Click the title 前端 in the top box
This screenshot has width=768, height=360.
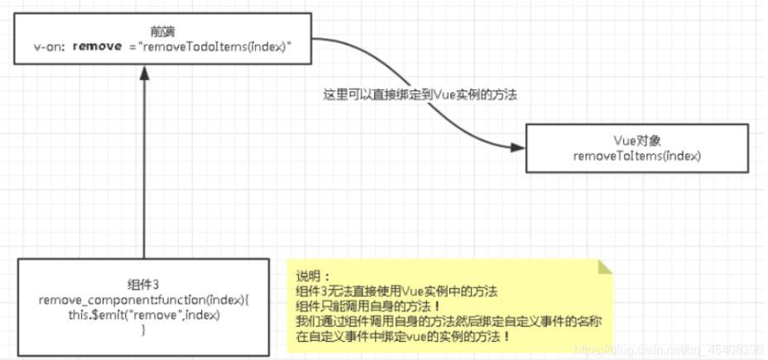click(162, 31)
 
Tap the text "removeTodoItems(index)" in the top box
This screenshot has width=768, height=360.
click(217, 47)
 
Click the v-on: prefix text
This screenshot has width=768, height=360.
click(49, 47)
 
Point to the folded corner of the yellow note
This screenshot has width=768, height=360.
click(607, 268)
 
